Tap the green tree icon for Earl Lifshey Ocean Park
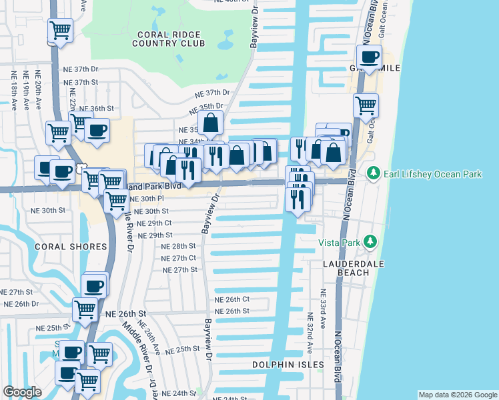tap(374, 174)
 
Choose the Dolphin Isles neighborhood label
tap(283, 365)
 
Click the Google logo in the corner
tap(22, 392)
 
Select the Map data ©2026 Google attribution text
tap(457, 395)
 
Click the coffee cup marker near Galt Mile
tap(369, 57)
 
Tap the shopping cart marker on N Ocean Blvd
tap(366, 104)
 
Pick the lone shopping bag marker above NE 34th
tap(211, 123)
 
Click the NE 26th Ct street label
tap(231, 299)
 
